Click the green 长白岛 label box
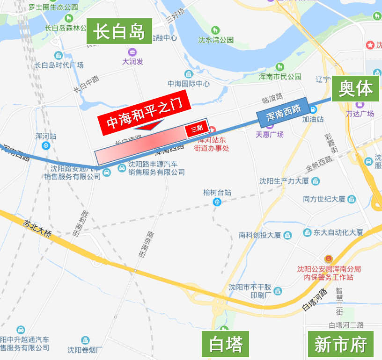pyautogui.click(x=119, y=31)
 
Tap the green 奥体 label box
pyautogui.click(x=355, y=88)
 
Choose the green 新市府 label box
pyautogui.click(x=340, y=345)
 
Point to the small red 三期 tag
pyautogui.click(x=197, y=129)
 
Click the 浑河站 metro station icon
pyautogui.click(x=46, y=145)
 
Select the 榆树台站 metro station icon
pyautogui.click(x=217, y=202)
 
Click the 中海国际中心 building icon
pyautogui.click(x=188, y=74)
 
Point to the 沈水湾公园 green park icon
pyautogui.click(x=215, y=30)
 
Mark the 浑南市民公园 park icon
pyautogui.click(x=280, y=67)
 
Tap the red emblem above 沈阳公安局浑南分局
pyautogui.click(x=329, y=259)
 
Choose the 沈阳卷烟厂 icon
pyautogui.click(x=85, y=340)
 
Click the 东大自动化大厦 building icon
pyautogui.click(x=307, y=232)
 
